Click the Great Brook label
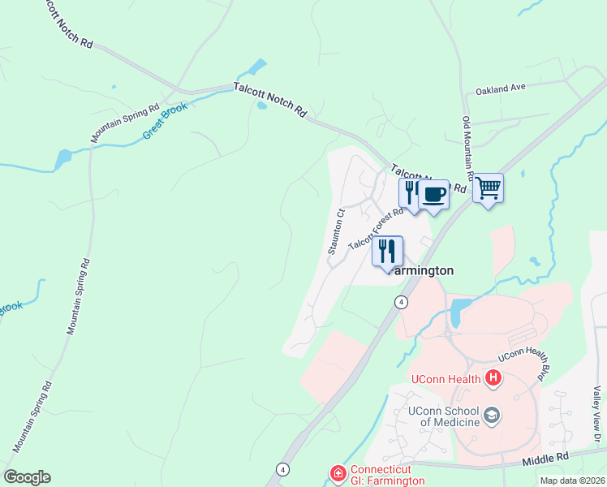pyautogui.click(x=165, y=120)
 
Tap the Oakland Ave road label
pyautogui.click(x=501, y=88)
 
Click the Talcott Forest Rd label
pyautogui.click(x=376, y=228)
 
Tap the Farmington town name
pyautogui.click(x=420, y=270)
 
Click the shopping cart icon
pyautogui.click(x=488, y=188)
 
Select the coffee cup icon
pyautogui.click(x=433, y=194)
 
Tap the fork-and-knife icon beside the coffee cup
pyautogui.click(x=411, y=192)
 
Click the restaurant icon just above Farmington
pyautogui.click(x=387, y=250)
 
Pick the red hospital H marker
pyautogui.click(x=493, y=377)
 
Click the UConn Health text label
pyautogui.click(x=446, y=378)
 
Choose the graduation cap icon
pyautogui.click(x=491, y=416)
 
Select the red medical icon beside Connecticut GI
pyautogui.click(x=338, y=472)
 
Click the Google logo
pyautogui.click(x=27, y=477)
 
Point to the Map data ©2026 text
pyautogui.click(x=571, y=481)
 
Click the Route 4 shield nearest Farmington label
pyautogui.click(x=401, y=302)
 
